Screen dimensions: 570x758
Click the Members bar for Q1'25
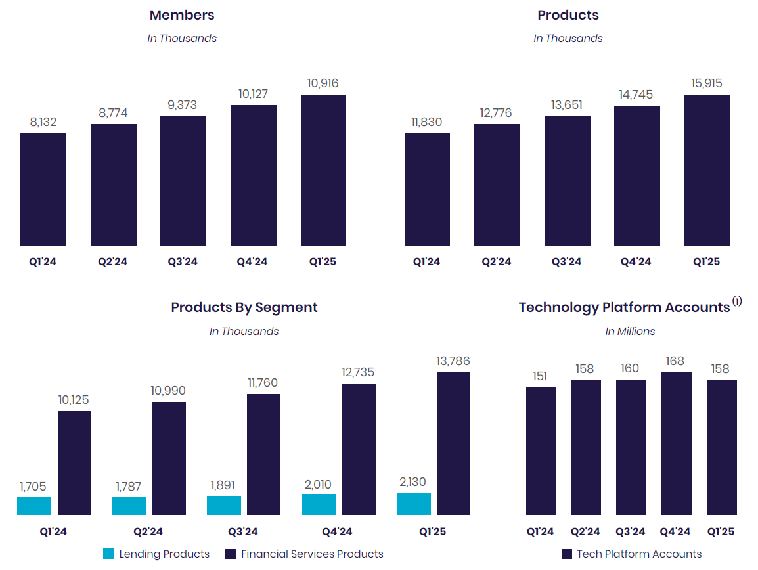click(x=323, y=170)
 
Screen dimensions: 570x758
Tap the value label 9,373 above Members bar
click(x=183, y=105)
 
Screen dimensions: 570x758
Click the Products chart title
click(x=568, y=15)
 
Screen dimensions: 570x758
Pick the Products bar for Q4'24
click(x=637, y=175)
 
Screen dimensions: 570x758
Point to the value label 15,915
click(x=707, y=83)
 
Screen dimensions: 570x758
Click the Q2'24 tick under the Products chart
click(x=497, y=262)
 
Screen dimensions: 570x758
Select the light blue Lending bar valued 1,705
click(x=34, y=506)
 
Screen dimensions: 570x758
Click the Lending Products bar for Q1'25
click(x=414, y=504)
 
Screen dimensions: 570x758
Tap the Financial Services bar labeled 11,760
click(x=263, y=454)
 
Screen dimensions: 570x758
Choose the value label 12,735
click(x=358, y=372)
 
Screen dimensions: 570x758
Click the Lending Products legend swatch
click(x=109, y=554)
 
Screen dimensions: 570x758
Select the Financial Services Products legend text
click(x=312, y=554)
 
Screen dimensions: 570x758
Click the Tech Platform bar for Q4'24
click(x=676, y=444)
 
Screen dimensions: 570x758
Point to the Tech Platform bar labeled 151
click(x=541, y=451)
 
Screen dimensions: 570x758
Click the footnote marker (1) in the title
click(x=737, y=301)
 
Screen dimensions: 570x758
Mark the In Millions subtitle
click(x=630, y=332)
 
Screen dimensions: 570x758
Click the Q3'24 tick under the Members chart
click(x=183, y=262)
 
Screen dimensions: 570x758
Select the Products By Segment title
click(x=244, y=307)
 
